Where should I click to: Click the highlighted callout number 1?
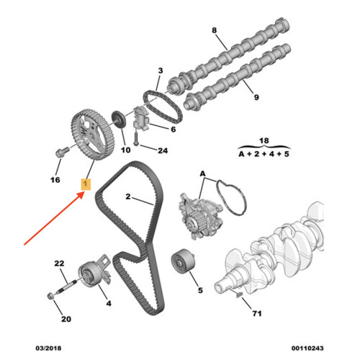[86, 184]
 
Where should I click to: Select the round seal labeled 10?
[118, 120]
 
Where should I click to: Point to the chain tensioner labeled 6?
[141, 119]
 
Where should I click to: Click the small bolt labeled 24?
[136, 139]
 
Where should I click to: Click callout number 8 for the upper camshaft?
[215, 30]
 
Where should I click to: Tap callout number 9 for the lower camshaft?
[256, 97]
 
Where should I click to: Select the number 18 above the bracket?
[264, 140]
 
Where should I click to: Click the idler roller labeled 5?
[183, 261]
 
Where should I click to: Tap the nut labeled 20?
[50, 296]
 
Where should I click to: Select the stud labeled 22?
[66, 287]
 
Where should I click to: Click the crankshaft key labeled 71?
[240, 295]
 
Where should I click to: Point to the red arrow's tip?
[84, 192]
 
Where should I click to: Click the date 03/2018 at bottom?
[48, 348]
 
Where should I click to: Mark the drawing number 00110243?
[307, 348]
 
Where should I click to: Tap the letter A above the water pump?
[203, 174]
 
